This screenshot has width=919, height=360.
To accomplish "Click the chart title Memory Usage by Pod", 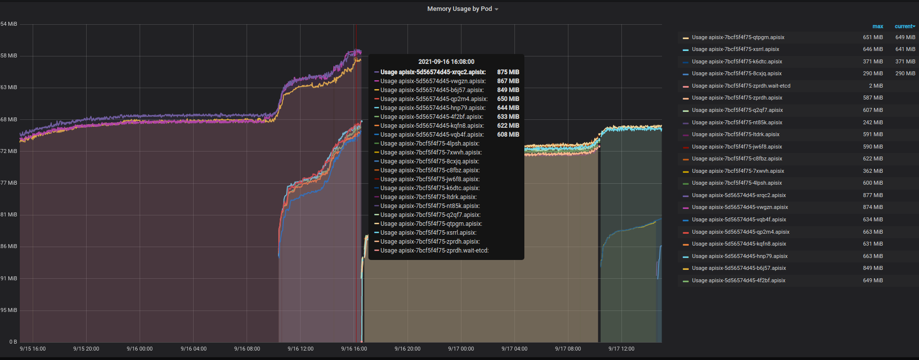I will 459,9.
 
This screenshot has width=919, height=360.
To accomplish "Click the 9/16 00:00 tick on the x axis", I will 140,349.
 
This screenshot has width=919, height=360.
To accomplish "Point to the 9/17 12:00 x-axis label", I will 621,349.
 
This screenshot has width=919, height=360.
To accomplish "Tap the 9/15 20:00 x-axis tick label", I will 86,349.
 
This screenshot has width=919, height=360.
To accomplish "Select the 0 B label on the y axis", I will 13,342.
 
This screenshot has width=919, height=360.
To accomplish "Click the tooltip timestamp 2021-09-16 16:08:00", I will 446,62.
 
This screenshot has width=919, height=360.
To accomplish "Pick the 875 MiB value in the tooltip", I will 508,72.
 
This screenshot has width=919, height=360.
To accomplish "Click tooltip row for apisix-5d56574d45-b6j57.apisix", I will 432,90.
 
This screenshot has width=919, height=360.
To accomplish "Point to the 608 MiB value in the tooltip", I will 508,135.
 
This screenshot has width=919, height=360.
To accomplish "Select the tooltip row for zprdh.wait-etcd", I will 434,251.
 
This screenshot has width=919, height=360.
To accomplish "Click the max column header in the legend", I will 877,26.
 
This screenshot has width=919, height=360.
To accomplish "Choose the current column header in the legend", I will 904,26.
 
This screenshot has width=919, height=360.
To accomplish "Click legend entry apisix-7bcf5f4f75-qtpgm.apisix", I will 738,37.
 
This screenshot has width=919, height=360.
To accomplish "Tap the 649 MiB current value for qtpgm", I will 905,37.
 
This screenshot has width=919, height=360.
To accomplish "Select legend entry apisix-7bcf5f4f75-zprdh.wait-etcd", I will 741,86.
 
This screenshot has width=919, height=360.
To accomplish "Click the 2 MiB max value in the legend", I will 875,86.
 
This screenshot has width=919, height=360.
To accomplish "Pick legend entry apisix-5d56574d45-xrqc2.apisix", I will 739,195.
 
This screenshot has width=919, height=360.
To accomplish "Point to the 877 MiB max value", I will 872,195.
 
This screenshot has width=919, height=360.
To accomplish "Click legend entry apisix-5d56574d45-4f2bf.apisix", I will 738,280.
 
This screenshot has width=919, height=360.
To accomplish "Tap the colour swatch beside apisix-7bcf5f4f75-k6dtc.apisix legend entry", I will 686,62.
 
